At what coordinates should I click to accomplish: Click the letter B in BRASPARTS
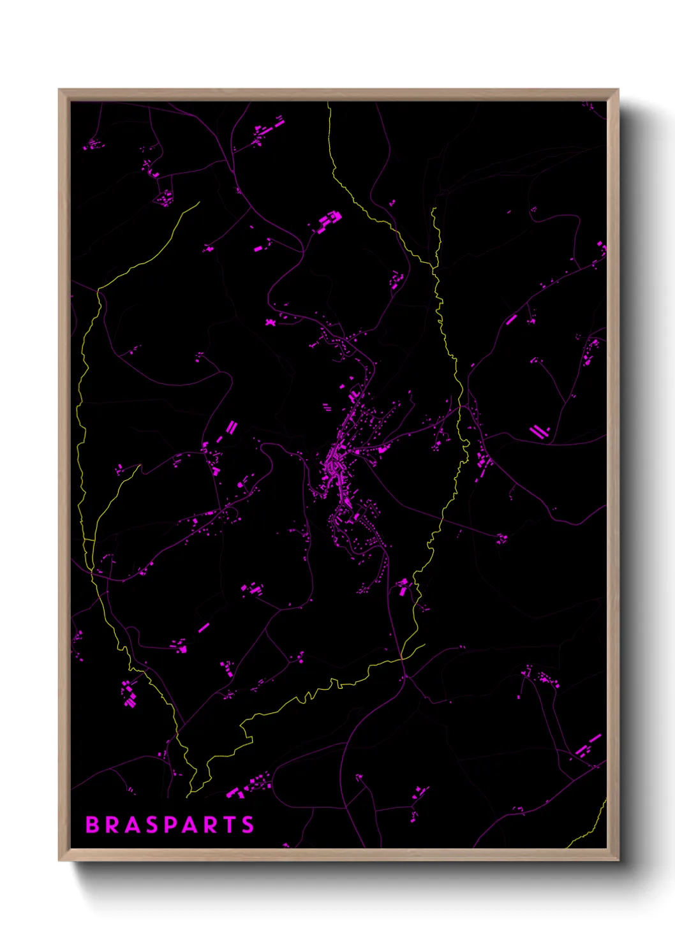[93, 825]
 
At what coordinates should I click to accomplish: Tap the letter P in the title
[170, 825]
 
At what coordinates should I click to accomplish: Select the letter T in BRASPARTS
[228, 825]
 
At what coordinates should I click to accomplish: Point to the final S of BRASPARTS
[248, 825]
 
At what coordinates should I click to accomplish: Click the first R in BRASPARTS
[112, 825]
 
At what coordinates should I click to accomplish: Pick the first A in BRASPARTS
[131, 825]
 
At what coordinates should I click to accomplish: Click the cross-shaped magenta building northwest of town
[271, 322]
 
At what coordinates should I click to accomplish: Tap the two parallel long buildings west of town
[231, 427]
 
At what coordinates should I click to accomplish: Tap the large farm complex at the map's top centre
[329, 221]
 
